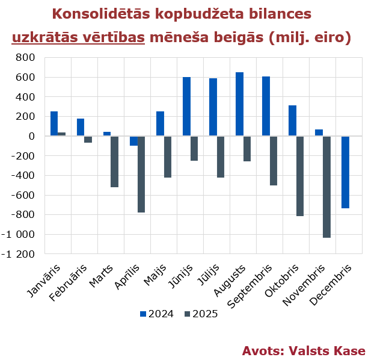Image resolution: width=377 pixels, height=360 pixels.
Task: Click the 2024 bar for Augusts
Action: (239, 104)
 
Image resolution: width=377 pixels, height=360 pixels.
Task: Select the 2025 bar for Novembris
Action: (326, 187)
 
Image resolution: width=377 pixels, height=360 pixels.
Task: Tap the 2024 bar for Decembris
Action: (345, 172)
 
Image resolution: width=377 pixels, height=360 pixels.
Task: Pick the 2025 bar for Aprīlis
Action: (141, 174)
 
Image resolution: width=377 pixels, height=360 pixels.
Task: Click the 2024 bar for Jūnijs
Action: (186, 107)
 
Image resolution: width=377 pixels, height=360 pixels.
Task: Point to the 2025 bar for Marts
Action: (115, 161)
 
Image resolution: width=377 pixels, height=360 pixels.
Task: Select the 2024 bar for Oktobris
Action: (292, 120)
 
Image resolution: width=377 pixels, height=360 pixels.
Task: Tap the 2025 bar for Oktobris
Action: (300, 176)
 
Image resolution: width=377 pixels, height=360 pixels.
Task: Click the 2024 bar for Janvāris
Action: (54, 123)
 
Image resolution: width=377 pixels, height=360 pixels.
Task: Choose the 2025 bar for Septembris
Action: (274, 161)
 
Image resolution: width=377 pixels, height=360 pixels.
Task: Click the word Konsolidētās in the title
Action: (111, 14)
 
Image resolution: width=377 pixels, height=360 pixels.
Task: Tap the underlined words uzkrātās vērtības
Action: (79, 37)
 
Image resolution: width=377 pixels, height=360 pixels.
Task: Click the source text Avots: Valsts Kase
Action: (304, 350)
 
